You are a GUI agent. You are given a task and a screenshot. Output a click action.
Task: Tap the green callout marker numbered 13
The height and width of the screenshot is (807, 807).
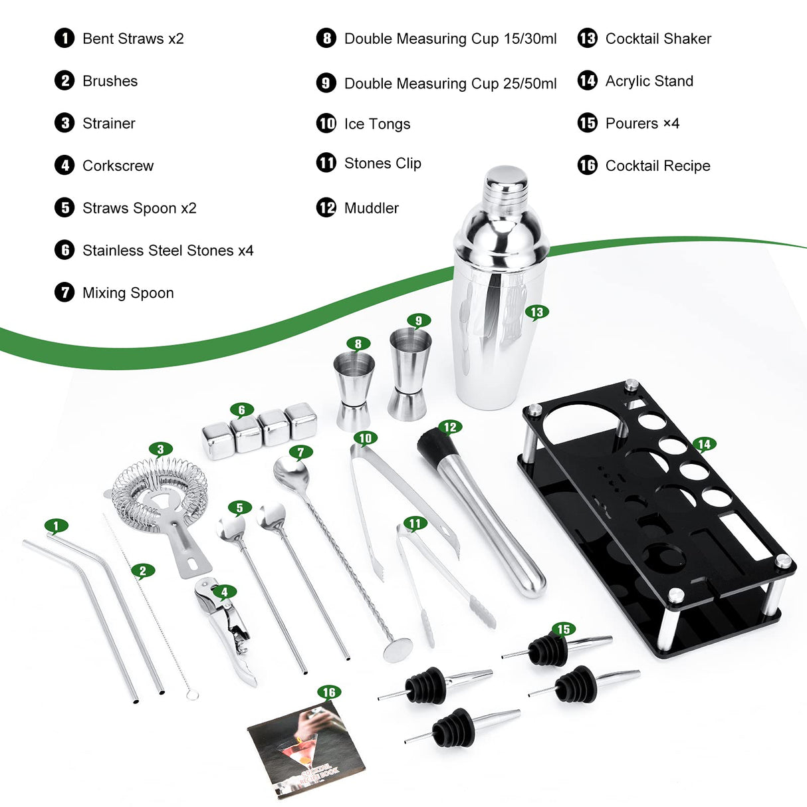(x=536, y=312)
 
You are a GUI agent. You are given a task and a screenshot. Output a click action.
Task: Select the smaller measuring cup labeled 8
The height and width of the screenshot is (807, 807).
(x=353, y=389)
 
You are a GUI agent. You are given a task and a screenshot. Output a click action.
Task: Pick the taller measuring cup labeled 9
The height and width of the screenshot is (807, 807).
(x=409, y=372)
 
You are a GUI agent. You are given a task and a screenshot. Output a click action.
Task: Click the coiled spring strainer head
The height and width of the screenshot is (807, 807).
(x=160, y=493)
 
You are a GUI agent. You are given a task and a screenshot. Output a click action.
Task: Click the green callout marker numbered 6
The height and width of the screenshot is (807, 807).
(x=242, y=409)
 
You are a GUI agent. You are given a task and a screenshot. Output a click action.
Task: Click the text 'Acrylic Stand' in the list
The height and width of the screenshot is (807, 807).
(x=649, y=81)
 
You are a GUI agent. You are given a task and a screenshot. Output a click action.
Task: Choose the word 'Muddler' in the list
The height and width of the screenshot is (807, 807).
(x=371, y=208)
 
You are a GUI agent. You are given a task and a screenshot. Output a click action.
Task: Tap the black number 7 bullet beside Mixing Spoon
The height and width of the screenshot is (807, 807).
(x=64, y=292)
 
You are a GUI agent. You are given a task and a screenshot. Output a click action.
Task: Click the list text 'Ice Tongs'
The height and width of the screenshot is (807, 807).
(x=377, y=124)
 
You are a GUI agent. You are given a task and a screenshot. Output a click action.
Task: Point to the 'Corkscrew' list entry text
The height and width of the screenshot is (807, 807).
(x=118, y=166)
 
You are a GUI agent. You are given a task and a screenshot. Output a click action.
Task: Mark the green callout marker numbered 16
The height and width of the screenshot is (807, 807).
(x=328, y=692)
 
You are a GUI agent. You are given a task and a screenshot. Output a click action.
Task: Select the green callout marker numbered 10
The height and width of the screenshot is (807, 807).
(x=365, y=438)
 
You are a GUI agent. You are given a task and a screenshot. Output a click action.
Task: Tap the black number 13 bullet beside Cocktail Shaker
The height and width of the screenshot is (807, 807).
(x=587, y=39)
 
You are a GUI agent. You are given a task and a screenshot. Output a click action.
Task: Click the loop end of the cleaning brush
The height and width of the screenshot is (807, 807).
(x=192, y=695)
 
